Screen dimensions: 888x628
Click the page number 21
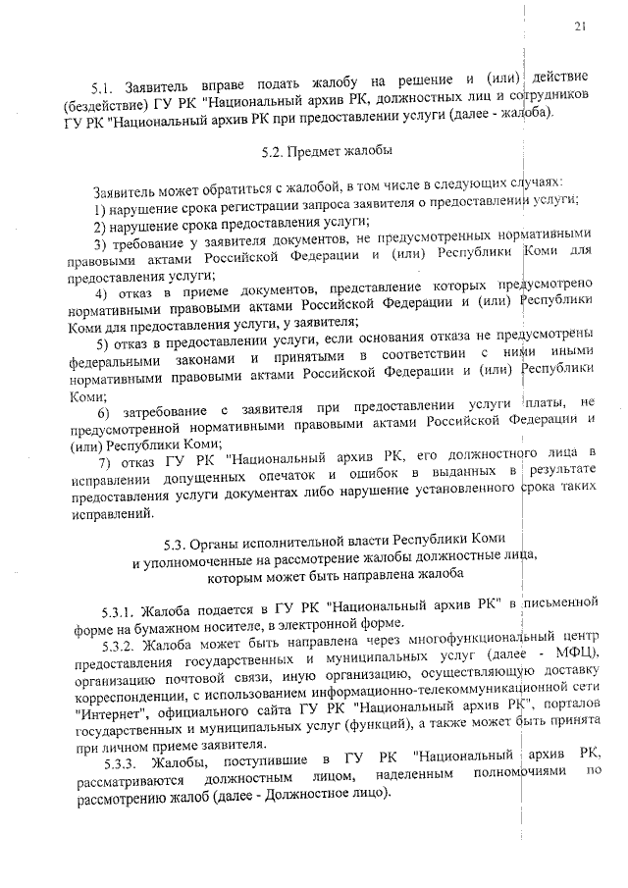[581, 27]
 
